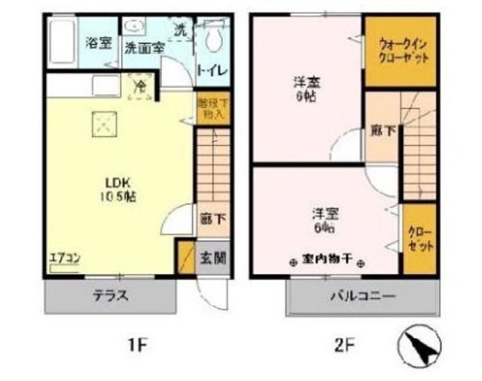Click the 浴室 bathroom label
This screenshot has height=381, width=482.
pyautogui.click(x=98, y=43)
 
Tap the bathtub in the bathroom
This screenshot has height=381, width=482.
pyautogui.click(x=59, y=43)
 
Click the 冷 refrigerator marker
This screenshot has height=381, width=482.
pyautogui.click(x=140, y=87)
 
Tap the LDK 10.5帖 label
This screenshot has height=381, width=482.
pyautogui.click(x=118, y=189)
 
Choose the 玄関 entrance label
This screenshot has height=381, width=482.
pyautogui.click(x=212, y=258)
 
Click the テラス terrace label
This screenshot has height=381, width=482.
pyautogui.click(x=110, y=296)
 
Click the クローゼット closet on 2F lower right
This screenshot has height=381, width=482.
pyautogui.click(x=419, y=238)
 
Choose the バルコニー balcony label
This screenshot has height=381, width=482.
pyautogui.click(x=361, y=296)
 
